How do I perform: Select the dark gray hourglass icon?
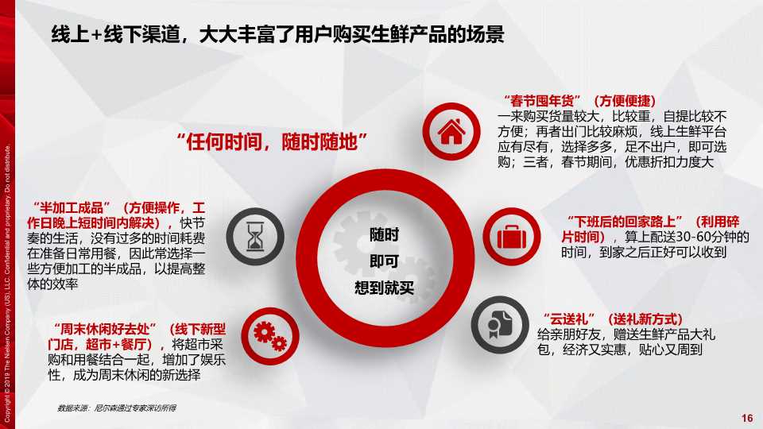tap(254, 236)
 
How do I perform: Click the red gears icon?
tap(268, 334)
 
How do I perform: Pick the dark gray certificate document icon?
tap(498, 324)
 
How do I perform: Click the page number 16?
tap(746, 419)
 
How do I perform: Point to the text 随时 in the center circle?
tap(385, 234)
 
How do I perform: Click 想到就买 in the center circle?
tap(385, 287)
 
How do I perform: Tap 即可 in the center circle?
tap(385, 261)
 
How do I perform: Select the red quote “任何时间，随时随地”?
tap(274, 143)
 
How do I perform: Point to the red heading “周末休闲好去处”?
tap(106, 329)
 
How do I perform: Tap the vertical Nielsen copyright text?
tap(8, 278)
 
